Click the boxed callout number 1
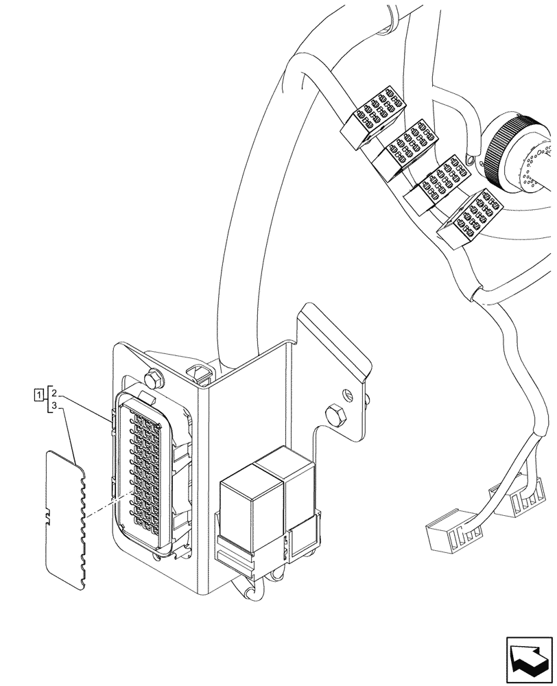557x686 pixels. [x=39, y=394]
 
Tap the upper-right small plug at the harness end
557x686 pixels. [x=522, y=501]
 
